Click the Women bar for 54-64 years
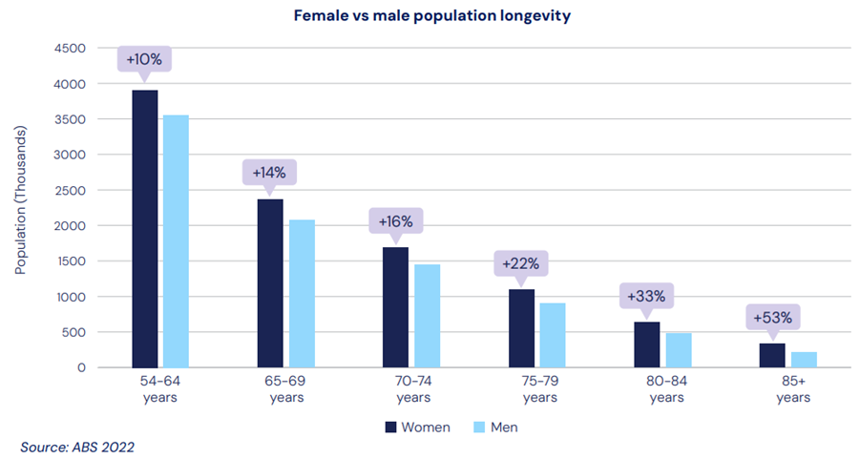145,229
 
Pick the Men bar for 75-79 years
553,335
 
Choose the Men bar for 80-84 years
679,350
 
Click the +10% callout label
144,59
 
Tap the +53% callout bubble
772,316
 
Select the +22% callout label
521,261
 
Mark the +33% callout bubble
647,297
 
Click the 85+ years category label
788,389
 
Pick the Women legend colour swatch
390,427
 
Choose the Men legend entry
495,427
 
